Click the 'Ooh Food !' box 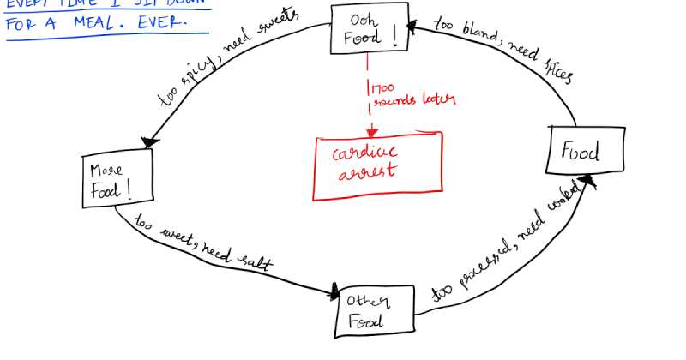coord(368,29)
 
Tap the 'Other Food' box coord(373,311)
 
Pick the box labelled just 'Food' coord(581,153)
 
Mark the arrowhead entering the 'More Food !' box coord(152,141)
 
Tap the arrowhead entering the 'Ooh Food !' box coord(412,26)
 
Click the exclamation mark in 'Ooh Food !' coord(394,33)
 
